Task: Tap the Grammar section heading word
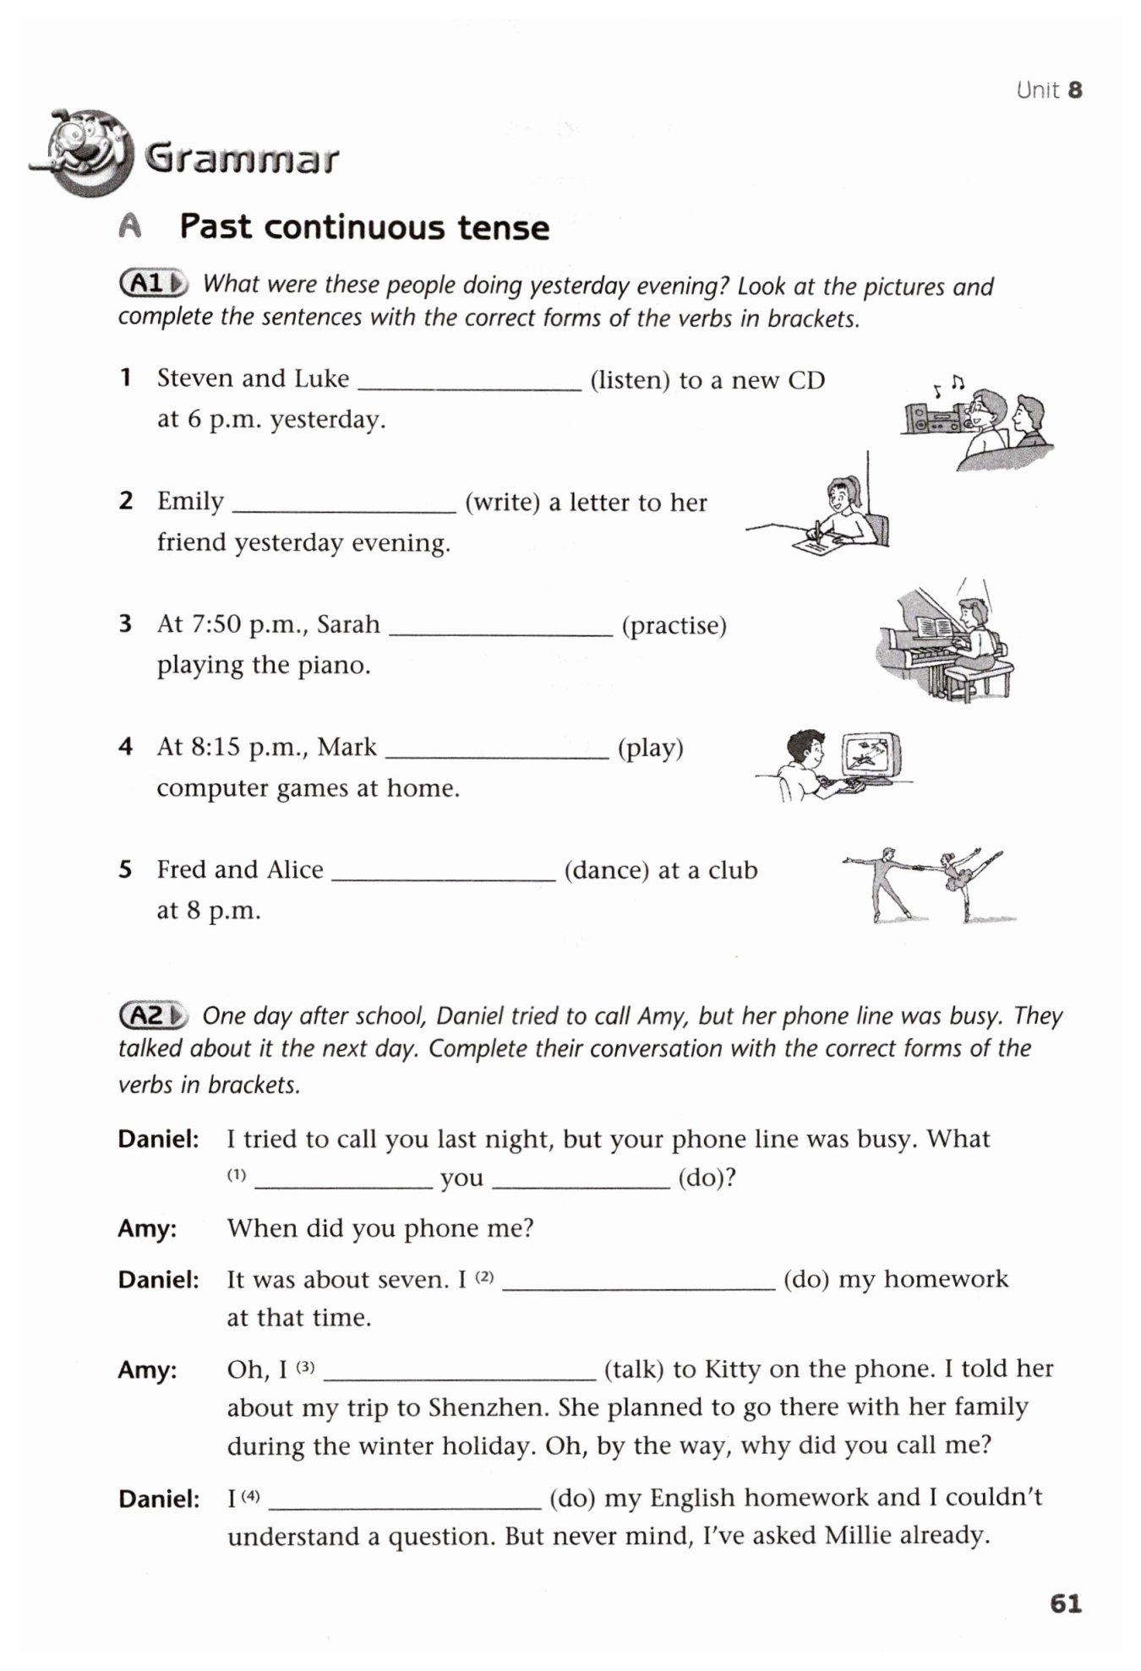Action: pyautogui.click(x=242, y=158)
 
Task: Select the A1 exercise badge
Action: pyautogui.click(x=153, y=284)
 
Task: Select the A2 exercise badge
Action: pyautogui.click(x=153, y=1015)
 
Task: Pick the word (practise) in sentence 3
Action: pyautogui.click(x=674, y=626)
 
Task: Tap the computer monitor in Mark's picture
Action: pyautogui.click(x=870, y=755)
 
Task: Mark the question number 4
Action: pyautogui.click(x=125, y=747)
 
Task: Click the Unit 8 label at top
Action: pyautogui.click(x=1049, y=90)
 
